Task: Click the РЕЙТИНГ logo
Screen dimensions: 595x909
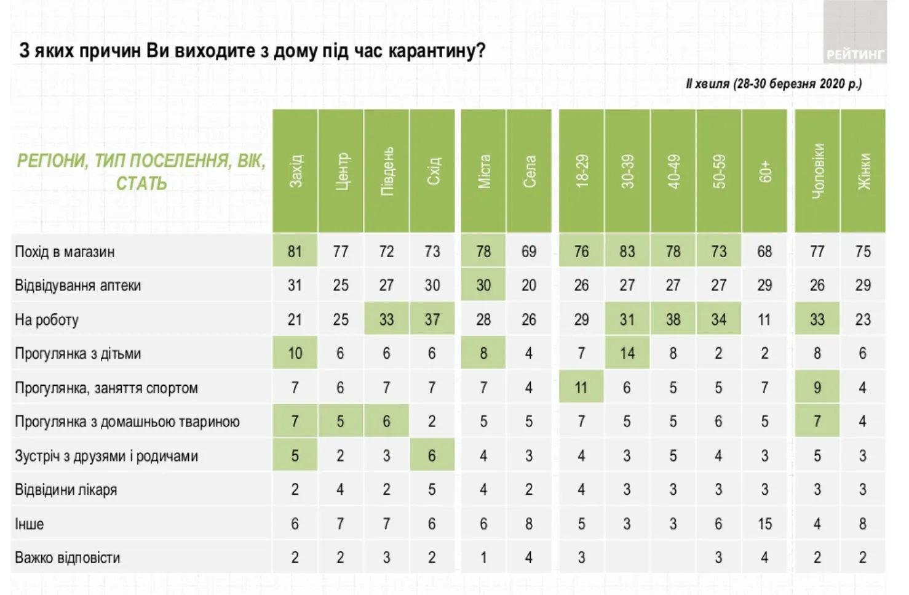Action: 855,54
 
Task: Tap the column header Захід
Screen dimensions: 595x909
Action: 295,170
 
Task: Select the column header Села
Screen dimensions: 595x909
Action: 529,170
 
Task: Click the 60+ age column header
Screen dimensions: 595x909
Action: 764,170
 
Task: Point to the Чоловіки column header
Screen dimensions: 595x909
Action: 817,170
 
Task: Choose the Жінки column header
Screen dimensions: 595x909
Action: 863,170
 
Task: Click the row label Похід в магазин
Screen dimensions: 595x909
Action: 65,252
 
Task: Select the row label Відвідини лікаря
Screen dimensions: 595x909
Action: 66,490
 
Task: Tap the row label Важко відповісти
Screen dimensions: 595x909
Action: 68,558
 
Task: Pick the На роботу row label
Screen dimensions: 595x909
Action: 47,320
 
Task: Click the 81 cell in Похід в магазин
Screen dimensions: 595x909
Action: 295,252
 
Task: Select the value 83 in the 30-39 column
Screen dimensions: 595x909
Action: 627,252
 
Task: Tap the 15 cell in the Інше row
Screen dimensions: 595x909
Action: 764,524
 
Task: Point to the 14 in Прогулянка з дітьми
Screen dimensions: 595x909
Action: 627,354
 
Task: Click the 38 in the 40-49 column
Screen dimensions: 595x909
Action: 673,320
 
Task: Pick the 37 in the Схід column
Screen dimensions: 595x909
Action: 432,320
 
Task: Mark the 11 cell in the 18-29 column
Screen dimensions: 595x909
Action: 581,388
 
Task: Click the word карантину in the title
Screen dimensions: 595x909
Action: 435,50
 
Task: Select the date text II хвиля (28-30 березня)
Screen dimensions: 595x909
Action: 774,84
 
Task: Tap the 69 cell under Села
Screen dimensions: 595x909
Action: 529,252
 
